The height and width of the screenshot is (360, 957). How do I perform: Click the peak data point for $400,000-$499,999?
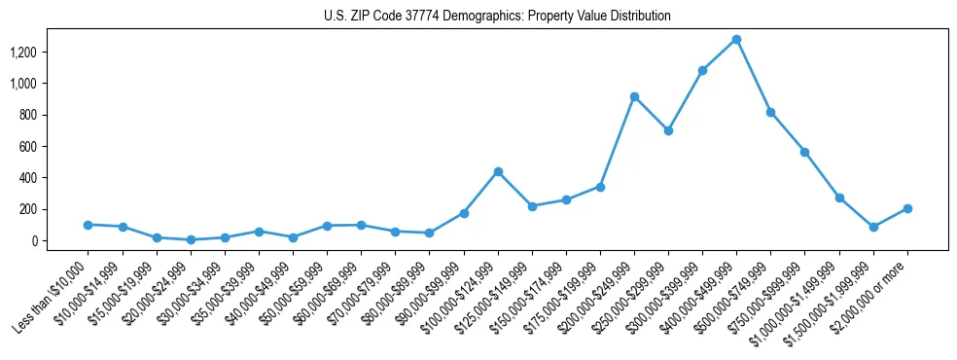[x=736, y=39]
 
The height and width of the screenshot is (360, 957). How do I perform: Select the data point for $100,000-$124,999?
[x=498, y=171]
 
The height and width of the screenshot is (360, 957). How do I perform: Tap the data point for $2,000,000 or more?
[x=907, y=208]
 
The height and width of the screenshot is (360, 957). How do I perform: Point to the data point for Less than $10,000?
[x=89, y=225]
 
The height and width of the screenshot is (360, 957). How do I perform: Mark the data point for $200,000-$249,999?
[x=634, y=96]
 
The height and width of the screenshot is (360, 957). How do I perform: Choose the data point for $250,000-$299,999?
[x=668, y=130]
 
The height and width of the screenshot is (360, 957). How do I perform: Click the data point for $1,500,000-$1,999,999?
[x=873, y=227]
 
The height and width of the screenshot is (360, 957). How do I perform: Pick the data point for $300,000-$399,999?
[x=702, y=70]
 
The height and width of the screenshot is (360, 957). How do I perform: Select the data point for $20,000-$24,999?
[x=191, y=239]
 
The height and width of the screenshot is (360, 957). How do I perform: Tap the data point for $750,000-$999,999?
[x=805, y=152]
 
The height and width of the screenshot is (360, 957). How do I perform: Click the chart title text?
[x=497, y=17]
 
